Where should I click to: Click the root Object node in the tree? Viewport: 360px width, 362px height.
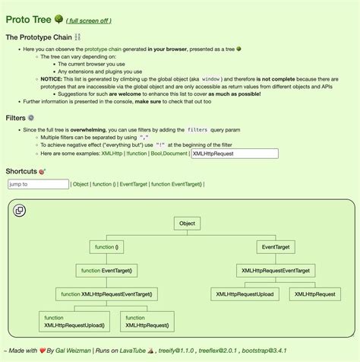[x=187, y=224]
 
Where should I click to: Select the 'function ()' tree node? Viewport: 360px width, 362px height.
[x=107, y=247]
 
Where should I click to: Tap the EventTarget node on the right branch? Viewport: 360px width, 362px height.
[x=274, y=247]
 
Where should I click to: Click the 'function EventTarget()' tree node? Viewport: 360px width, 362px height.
[x=107, y=270]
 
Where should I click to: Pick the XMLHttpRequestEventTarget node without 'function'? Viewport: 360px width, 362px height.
[x=275, y=270]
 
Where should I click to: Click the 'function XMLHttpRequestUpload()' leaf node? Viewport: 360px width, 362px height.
[x=74, y=321]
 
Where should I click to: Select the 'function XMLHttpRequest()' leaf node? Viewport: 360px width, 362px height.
[x=147, y=321]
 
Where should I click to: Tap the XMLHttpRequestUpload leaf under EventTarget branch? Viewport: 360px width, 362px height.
[x=245, y=294]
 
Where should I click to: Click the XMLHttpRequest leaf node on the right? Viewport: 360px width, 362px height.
[x=314, y=294]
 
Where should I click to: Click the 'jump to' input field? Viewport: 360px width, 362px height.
[x=37, y=184]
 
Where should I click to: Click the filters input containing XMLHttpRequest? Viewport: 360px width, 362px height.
[x=234, y=154]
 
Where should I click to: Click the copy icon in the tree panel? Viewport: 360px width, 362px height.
[x=20, y=211]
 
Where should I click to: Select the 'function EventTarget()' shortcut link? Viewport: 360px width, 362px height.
[x=176, y=184]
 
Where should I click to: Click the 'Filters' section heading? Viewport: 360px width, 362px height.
[x=15, y=118]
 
